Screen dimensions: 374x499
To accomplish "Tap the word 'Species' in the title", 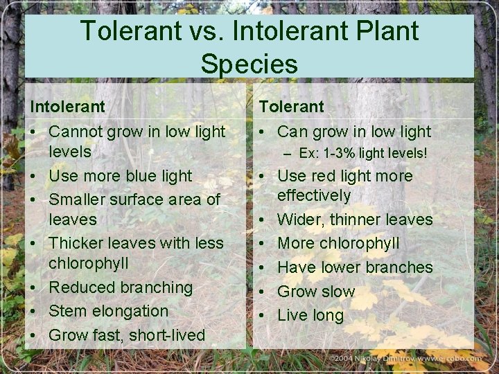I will click(249, 64).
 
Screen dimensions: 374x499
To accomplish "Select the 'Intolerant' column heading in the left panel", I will click(67, 107).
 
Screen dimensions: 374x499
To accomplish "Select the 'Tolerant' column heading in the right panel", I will click(291, 107).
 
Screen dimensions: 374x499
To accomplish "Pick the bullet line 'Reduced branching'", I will click(121, 287).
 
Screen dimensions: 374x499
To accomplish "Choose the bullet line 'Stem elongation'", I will click(108, 311).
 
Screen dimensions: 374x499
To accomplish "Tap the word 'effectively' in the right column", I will click(314, 196).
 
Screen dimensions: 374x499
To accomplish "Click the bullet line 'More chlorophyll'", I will click(338, 243).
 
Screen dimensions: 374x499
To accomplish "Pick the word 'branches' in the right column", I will click(400, 267).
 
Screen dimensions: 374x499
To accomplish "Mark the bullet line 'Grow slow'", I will click(316, 292).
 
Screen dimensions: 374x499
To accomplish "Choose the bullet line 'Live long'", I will click(310, 315).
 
